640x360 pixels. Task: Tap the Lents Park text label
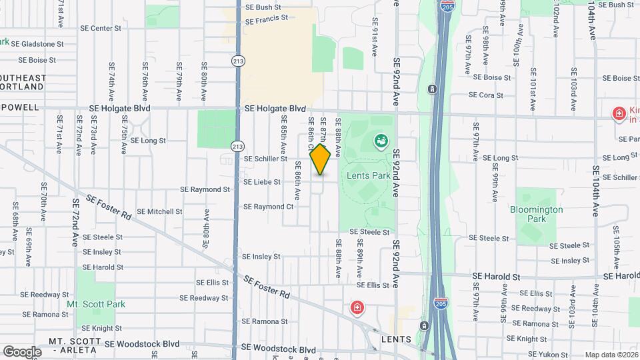pos(368,176)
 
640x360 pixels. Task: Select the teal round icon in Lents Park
pos(381,141)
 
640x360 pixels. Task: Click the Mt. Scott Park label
pos(96,304)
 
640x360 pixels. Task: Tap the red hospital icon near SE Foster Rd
pos(357,308)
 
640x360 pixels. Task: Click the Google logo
pos(22,351)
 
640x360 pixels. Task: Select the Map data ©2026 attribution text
pos(611,355)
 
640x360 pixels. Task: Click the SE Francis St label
pos(266,20)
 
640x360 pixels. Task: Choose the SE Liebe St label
pos(261,181)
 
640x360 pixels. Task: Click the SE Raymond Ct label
pos(268,207)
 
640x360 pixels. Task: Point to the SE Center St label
pos(101,29)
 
